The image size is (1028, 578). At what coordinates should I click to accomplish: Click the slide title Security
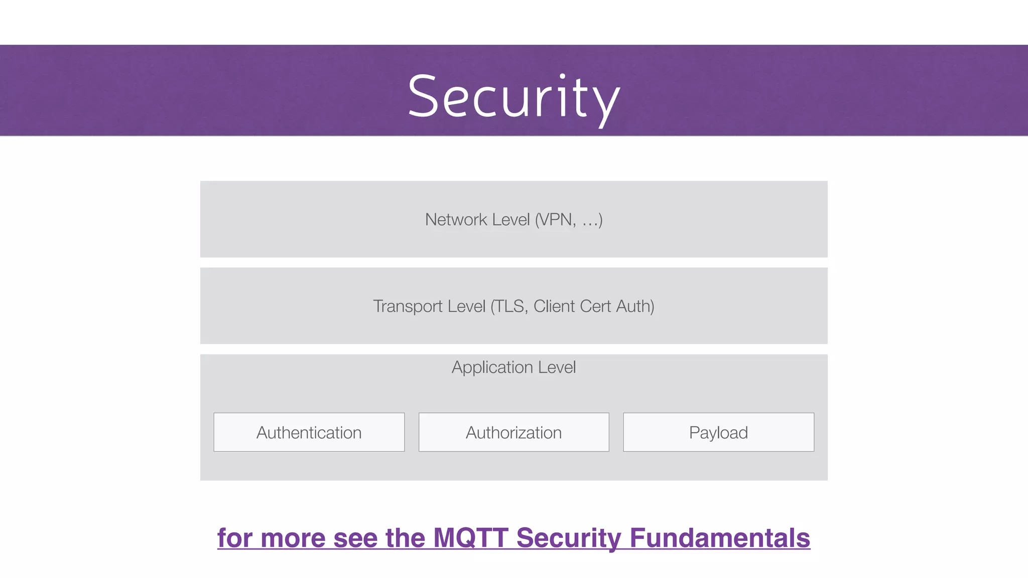tap(513, 96)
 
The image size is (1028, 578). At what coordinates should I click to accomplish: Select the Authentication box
tap(309, 432)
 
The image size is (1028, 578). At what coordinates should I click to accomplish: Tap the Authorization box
tap(513, 432)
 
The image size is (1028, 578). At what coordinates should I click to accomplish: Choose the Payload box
tap(718, 432)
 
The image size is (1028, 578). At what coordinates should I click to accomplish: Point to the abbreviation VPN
tap(556, 220)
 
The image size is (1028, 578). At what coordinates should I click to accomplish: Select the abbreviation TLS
tap(510, 306)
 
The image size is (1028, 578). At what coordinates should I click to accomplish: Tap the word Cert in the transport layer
tap(595, 306)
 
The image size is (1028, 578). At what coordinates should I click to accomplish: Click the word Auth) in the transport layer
tap(635, 306)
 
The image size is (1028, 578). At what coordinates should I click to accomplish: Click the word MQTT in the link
tap(470, 538)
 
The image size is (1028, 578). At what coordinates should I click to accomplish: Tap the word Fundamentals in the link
tap(720, 538)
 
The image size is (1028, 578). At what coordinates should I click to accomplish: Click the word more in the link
tap(293, 538)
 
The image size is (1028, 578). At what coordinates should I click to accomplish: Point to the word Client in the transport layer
tap(554, 306)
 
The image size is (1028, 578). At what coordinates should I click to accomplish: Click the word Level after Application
tap(557, 368)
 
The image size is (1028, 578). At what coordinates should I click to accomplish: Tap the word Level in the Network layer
tap(511, 220)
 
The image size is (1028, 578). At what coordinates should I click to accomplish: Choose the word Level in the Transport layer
tap(466, 306)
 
